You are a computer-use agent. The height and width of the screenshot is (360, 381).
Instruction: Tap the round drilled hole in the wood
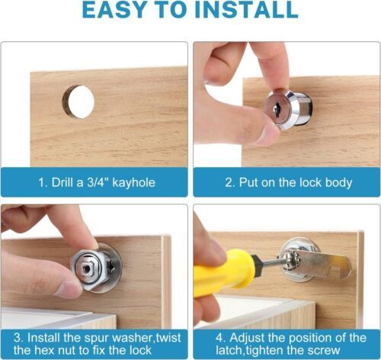point(78,101)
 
